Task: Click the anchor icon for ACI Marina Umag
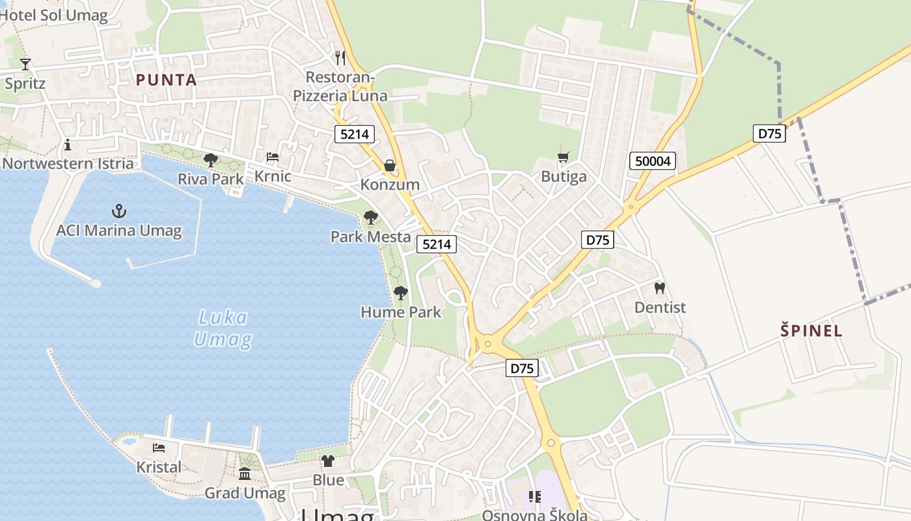(118, 210)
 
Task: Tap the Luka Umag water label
(223, 328)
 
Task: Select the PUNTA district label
(166, 80)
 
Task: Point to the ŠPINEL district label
(811, 330)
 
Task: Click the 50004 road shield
(653, 161)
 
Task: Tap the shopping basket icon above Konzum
(390, 165)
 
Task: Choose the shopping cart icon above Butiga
(563, 157)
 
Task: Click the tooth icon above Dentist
(659, 287)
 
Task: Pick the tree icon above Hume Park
(401, 293)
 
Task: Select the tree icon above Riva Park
(210, 160)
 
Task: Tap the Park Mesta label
(370, 236)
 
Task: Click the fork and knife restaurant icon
(340, 57)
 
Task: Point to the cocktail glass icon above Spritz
(25, 64)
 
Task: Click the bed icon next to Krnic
(273, 157)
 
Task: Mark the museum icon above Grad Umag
(245, 473)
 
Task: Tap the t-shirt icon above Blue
(328, 461)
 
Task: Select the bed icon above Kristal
(158, 448)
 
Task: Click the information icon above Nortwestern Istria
(68, 144)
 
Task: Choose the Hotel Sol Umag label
(55, 16)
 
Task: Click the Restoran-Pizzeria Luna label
(340, 87)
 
